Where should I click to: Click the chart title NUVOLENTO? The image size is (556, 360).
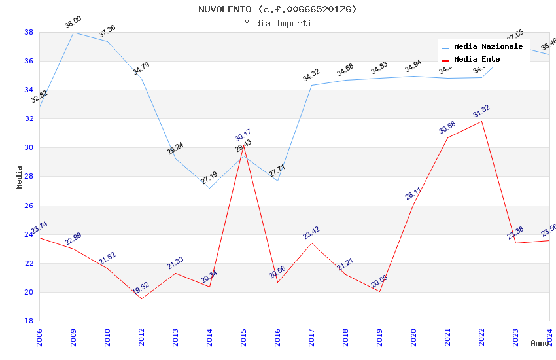click(x=277, y=9)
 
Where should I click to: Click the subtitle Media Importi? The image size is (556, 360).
click(x=277, y=23)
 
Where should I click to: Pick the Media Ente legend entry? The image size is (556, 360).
click(x=477, y=59)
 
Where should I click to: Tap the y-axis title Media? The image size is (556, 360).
click(x=20, y=177)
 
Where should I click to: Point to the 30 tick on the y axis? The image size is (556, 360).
click(x=29, y=148)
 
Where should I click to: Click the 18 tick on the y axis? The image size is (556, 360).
click(x=29, y=321)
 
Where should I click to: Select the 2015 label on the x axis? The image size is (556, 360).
click(x=243, y=337)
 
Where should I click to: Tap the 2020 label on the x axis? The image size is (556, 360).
click(x=413, y=337)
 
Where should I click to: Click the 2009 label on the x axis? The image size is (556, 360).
click(x=73, y=337)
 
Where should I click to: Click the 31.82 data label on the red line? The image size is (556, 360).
click(x=481, y=111)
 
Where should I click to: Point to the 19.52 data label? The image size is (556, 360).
click(x=141, y=289)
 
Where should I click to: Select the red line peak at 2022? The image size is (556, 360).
click(x=481, y=121)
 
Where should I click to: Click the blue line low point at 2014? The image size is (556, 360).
click(x=209, y=188)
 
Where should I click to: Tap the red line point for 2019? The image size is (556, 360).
click(x=379, y=291)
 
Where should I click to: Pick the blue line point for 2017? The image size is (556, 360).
click(x=311, y=85)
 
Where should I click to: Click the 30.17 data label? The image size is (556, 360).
click(x=243, y=135)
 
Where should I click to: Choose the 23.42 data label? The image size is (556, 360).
click(x=311, y=233)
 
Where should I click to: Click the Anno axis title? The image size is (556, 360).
click(x=540, y=343)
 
